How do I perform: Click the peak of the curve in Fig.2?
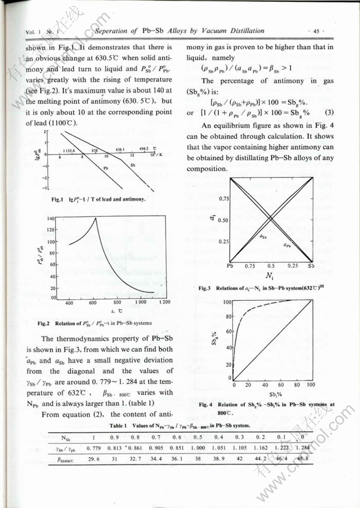[x=95, y=218]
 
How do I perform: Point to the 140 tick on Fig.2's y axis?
[x=51, y=218]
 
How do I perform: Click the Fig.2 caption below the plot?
[x=95, y=323]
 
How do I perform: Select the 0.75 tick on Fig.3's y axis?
[x=223, y=199]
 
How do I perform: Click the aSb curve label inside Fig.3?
[x=263, y=237]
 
